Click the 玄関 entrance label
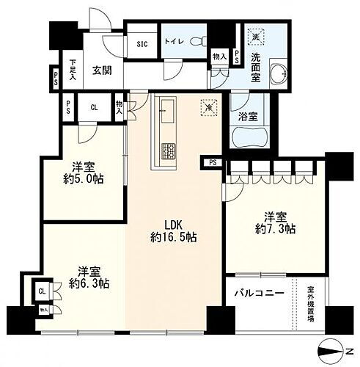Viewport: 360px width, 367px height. point(100,71)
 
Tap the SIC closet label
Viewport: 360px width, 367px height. point(142,43)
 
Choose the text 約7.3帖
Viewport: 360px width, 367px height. point(281,229)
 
